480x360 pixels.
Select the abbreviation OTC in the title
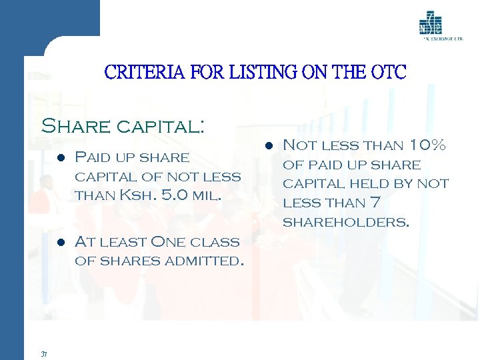click(x=387, y=72)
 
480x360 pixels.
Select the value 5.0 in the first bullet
click(x=174, y=196)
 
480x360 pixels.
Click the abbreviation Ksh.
click(x=137, y=196)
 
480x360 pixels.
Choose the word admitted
click(x=202, y=261)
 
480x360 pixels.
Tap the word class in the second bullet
click(x=217, y=241)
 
